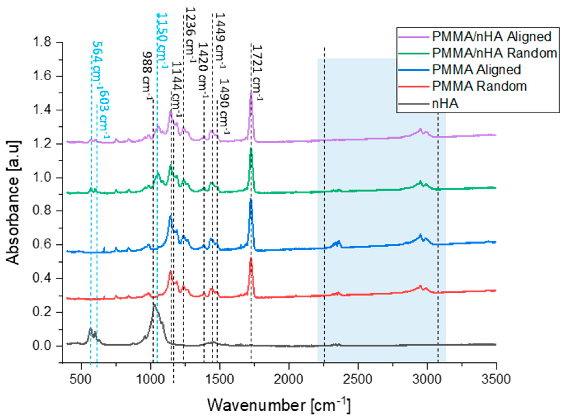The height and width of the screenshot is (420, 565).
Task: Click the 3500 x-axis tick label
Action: (496, 380)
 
